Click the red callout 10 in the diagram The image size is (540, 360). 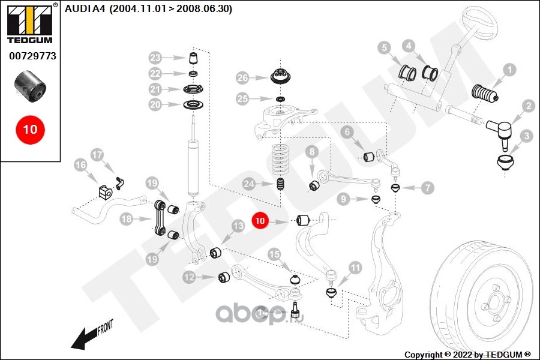pyautogui.click(x=260, y=220)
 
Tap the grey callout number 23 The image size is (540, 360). pyautogui.click(x=155, y=58)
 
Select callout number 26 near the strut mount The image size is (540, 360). pyautogui.click(x=242, y=78)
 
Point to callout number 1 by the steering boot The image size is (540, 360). pyautogui.click(x=509, y=70)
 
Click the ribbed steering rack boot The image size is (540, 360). pyautogui.click(x=485, y=94)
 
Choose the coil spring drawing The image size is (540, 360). pyautogui.click(x=280, y=161)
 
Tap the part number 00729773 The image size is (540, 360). pyautogui.click(x=32, y=56)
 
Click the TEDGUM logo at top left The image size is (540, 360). pyautogui.click(x=30, y=23)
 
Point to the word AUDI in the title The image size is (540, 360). pyautogui.click(x=77, y=8)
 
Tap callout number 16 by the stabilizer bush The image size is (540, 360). pyautogui.click(x=80, y=164)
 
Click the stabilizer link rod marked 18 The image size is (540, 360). pyautogui.click(x=160, y=218)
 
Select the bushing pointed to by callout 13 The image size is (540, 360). pyautogui.click(x=215, y=253)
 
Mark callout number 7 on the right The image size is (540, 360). pyautogui.click(x=428, y=188)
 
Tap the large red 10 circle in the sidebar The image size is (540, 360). pyautogui.click(x=30, y=130)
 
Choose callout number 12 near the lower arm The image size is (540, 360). pyautogui.click(x=189, y=277)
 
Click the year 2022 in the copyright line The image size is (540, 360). pyautogui.click(x=462, y=355)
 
